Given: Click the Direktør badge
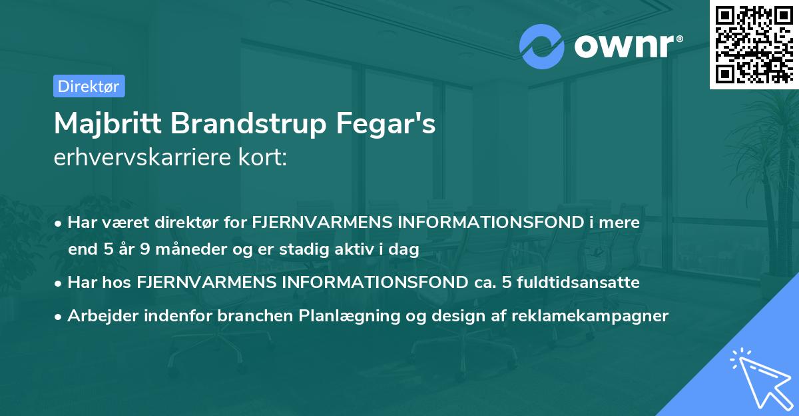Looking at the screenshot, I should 89,86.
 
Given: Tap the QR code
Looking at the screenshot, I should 754,44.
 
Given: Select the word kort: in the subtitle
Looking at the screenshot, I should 264,157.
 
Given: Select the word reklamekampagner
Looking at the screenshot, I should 590,316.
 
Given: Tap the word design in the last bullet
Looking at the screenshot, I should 447,316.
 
